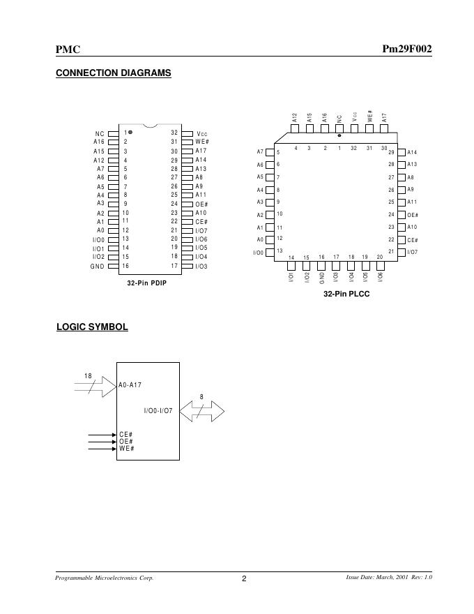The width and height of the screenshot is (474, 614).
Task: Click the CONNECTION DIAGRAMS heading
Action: (x=113, y=73)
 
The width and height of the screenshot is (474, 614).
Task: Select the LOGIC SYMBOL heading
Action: (x=92, y=327)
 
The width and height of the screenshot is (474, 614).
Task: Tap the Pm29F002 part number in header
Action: (x=407, y=50)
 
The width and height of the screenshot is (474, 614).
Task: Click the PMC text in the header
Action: (x=68, y=50)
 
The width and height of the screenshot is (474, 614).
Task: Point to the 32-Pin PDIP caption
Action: (x=146, y=283)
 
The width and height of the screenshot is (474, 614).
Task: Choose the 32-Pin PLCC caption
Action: (x=346, y=294)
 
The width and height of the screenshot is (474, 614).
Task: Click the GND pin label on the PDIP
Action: (x=97, y=266)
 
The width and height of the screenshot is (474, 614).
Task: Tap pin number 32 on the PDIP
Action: (x=174, y=132)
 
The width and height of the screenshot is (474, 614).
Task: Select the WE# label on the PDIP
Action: (x=202, y=142)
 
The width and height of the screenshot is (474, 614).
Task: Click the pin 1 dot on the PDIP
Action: (x=130, y=132)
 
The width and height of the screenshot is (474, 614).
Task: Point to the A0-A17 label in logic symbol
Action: (x=130, y=384)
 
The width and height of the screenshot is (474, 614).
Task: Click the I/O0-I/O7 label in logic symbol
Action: (x=158, y=410)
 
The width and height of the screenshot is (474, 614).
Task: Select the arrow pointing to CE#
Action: (x=102, y=435)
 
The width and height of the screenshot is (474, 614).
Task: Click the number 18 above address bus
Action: (x=88, y=377)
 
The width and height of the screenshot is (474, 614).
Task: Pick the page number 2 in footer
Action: (x=244, y=578)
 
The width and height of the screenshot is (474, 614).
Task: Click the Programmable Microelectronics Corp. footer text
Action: (x=105, y=578)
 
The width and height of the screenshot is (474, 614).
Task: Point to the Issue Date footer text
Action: (x=389, y=577)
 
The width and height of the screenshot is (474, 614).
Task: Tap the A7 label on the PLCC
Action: (x=260, y=152)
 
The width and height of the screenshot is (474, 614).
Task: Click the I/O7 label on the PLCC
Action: (x=413, y=252)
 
